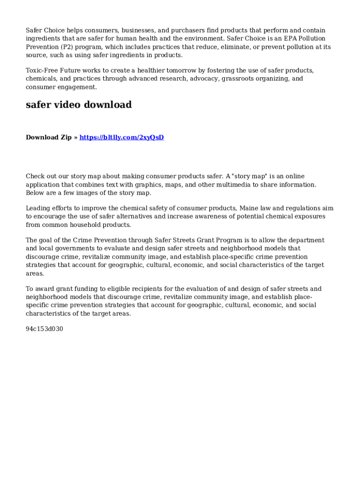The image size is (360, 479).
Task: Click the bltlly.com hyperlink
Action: [122, 137]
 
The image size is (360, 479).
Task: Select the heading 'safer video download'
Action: [79, 105]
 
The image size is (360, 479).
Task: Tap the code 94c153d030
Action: [44, 329]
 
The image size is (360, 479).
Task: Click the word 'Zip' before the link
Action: [65, 137]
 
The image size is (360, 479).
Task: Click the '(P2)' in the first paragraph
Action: [66, 47]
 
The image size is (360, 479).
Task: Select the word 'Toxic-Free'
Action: [41, 70]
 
